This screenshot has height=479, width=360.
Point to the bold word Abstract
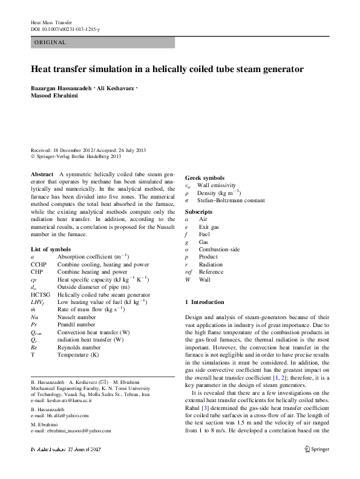pos(42,174)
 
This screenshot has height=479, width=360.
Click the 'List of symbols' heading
pos(51,249)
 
